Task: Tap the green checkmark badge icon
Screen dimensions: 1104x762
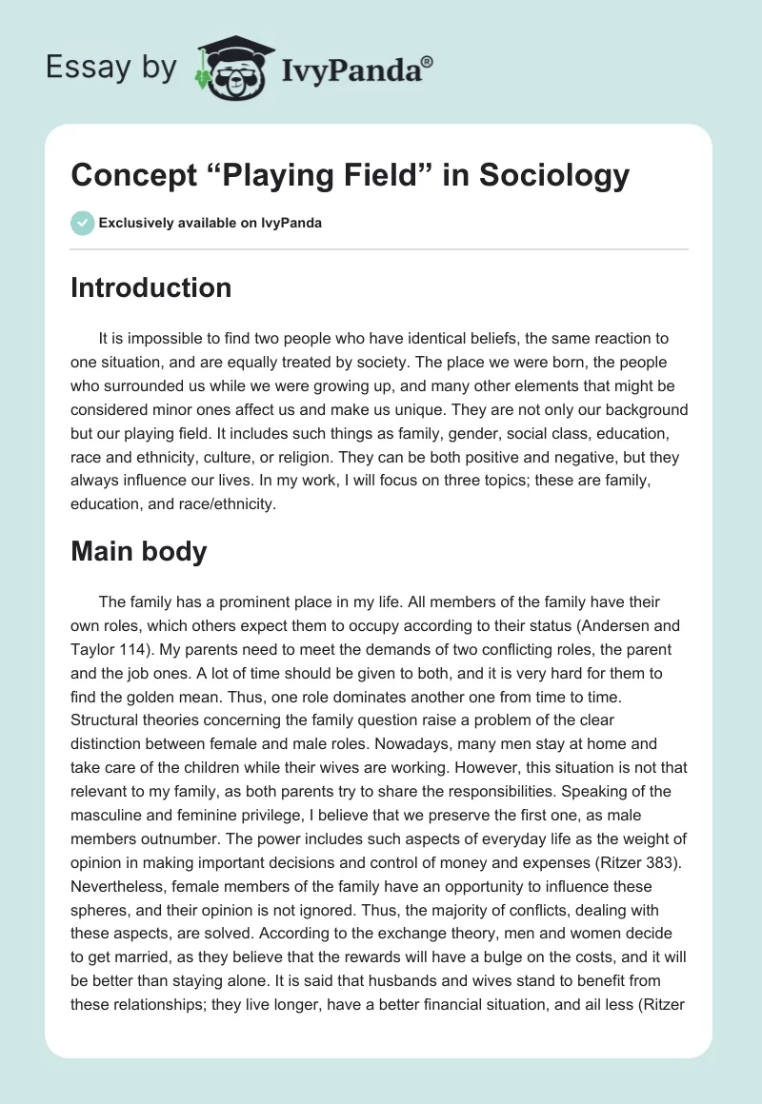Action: tap(81, 224)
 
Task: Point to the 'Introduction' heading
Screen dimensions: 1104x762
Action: tap(150, 288)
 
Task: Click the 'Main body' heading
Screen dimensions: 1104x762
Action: tap(138, 551)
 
